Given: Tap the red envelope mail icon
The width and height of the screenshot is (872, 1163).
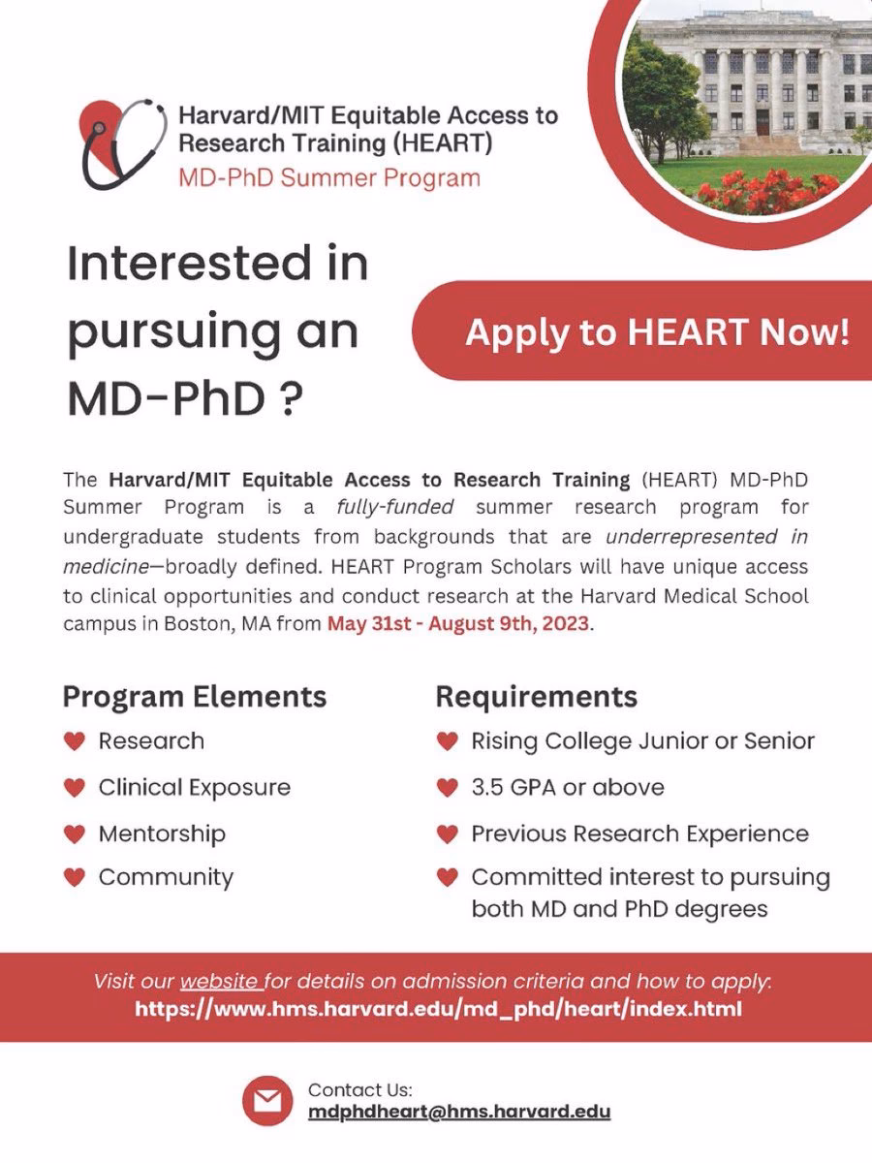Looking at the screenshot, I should [266, 1101].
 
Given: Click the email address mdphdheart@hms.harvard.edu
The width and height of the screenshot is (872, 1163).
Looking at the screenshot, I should [459, 1111].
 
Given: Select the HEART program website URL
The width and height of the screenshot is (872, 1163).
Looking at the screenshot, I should [439, 1009].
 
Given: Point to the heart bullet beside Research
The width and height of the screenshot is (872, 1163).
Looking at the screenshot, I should [75, 741].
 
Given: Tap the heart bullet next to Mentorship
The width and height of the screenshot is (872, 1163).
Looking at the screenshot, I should [75, 834].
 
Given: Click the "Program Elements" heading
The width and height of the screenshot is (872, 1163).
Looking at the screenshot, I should [195, 696].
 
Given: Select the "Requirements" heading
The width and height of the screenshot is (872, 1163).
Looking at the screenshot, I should [536, 696].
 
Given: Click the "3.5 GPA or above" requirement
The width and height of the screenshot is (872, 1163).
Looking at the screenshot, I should [568, 787].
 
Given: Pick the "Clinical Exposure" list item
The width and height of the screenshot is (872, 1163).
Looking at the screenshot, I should [194, 787].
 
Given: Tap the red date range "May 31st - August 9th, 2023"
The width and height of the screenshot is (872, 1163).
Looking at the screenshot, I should [457, 623].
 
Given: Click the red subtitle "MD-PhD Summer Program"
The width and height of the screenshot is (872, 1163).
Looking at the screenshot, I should [328, 177].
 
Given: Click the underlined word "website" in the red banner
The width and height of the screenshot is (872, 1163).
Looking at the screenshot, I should [221, 980].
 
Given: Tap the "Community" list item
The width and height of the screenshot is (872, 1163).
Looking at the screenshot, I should [166, 878].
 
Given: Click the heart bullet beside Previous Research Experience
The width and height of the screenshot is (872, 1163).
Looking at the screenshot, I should [447, 834].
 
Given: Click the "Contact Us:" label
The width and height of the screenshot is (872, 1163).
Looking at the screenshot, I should [359, 1089].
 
